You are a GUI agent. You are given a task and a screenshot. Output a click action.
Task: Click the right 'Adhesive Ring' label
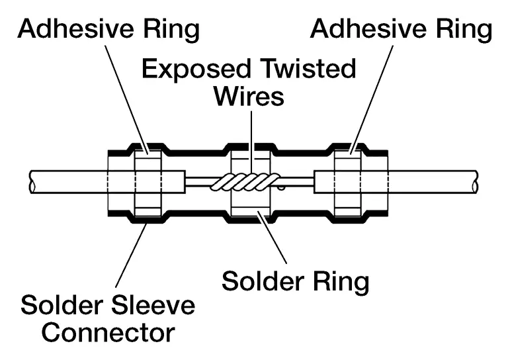402,29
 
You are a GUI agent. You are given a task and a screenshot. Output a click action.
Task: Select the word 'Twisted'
302,69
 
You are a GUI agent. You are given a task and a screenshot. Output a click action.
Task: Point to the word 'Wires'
248,97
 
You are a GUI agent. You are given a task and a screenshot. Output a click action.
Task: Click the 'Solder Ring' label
295,281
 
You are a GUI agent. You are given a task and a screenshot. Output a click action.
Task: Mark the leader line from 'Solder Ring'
275,242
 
